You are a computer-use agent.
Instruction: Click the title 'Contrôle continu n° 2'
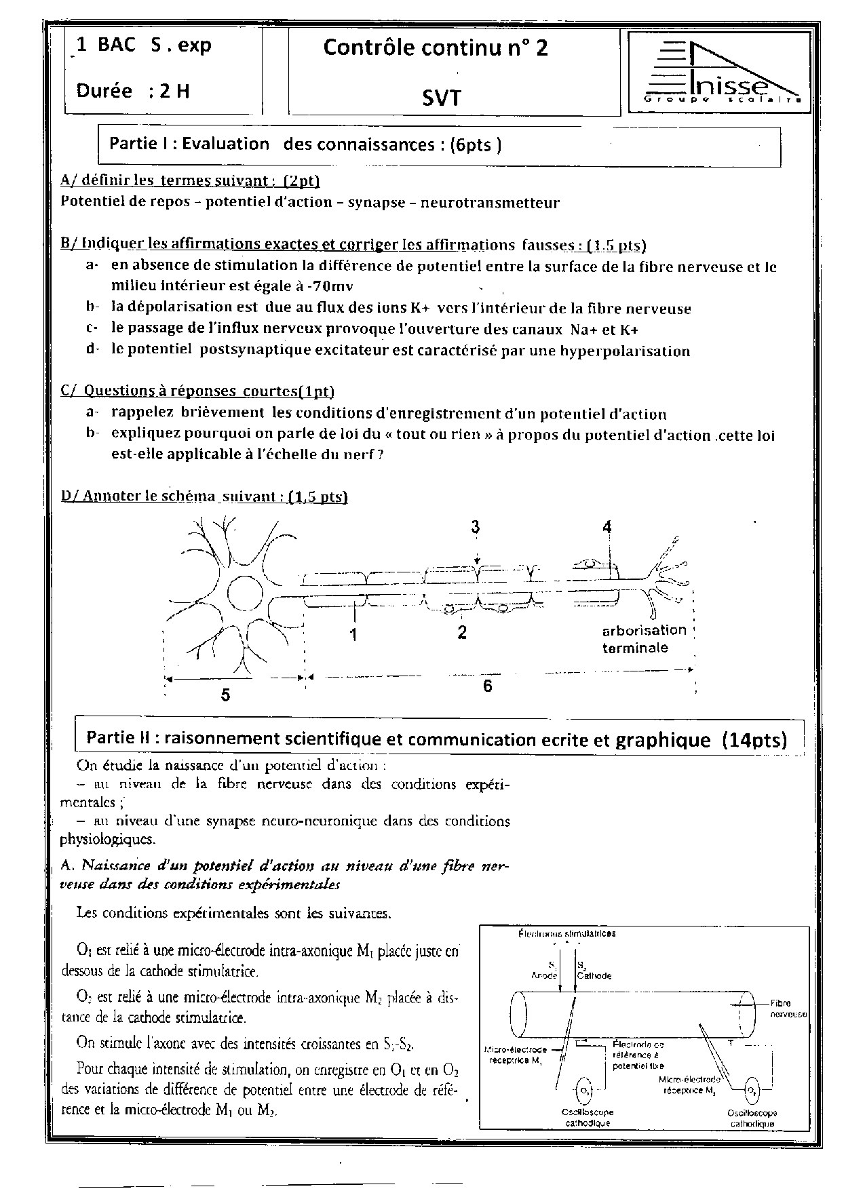(436, 48)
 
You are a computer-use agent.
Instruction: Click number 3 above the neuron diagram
(476, 527)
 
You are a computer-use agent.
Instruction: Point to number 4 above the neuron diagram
(607, 527)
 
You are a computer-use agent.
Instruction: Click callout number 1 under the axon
(353, 634)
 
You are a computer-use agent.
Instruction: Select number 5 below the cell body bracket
(225, 695)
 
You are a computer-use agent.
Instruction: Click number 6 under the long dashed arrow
(487, 686)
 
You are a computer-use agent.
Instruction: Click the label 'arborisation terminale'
(644, 639)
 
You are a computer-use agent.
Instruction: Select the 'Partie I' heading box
(439, 144)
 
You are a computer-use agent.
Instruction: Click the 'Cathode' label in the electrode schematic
(594, 975)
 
